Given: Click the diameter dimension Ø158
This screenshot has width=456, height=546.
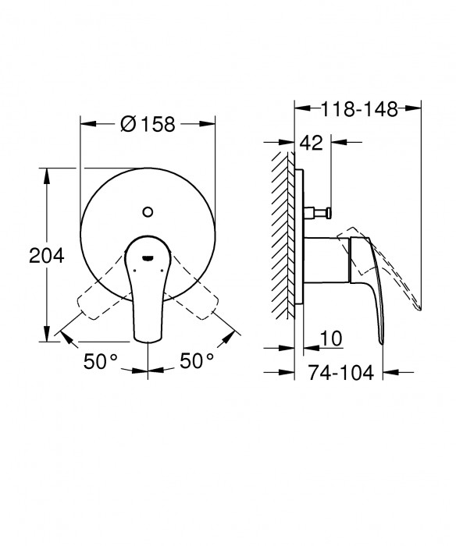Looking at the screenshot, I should (148, 123).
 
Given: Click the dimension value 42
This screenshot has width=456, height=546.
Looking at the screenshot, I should (312, 143).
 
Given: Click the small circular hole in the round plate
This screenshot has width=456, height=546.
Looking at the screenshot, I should (148, 211).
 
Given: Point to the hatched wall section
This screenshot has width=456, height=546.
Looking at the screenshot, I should (283, 234).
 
